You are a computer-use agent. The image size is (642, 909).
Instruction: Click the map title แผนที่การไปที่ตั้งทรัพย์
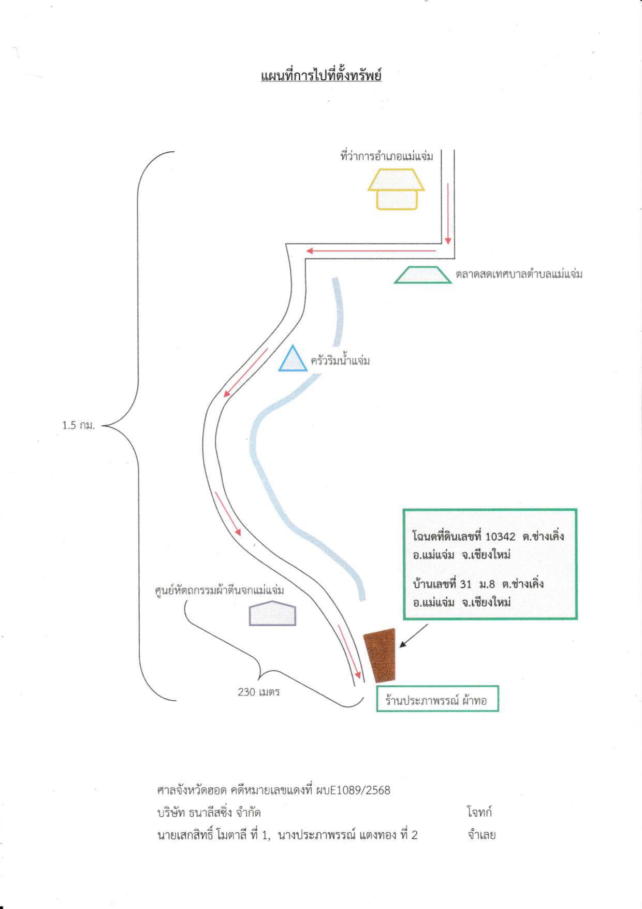click(321, 76)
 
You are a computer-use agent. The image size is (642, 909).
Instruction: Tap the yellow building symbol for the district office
click(397, 189)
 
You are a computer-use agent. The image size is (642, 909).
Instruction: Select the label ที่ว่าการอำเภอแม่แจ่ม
click(387, 155)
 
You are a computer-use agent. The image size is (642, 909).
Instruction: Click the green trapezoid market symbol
click(422, 275)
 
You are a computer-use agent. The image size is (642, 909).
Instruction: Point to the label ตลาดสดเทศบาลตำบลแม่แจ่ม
click(519, 273)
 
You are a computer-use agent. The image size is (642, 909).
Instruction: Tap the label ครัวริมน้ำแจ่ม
click(340, 360)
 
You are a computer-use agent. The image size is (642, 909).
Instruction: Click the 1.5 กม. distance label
click(79, 425)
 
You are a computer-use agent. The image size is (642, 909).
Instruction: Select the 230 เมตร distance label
click(259, 691)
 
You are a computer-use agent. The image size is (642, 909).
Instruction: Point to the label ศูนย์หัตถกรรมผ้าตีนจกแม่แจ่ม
click(220, 590)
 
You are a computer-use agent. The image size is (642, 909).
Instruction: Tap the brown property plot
click(380, 656)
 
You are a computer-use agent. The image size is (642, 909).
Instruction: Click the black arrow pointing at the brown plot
click(414, 636)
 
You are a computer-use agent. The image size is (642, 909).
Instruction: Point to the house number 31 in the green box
click(465, 584)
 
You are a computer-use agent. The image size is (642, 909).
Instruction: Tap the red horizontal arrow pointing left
click(371, 251)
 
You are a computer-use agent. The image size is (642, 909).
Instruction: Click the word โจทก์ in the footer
click(479, 812)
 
